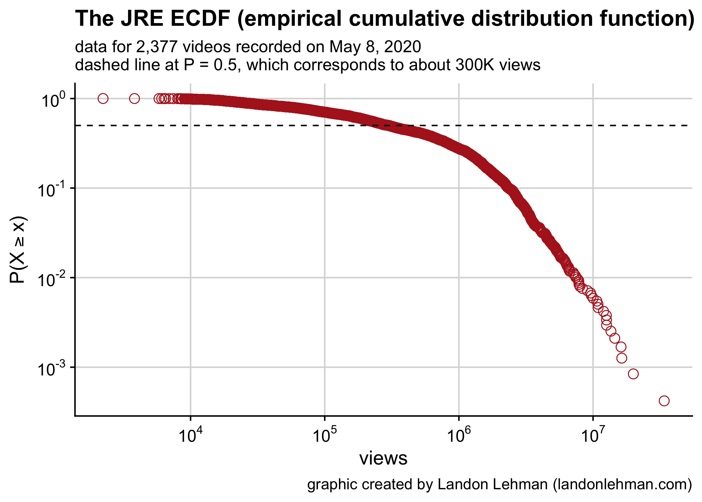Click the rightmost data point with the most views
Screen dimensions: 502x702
pyautogui.click(x=664, y=401)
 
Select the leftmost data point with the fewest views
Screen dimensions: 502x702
pyautogui.click(x=103, y=98)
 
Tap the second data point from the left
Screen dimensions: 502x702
pyautogui.click(x=134, y=98)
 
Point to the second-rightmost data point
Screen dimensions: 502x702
pyautogui.click(x=633, y=374)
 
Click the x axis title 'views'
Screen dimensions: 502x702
pyautogui.click(x=383, y=458)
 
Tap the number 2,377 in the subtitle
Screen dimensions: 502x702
pyautogui.click(x=156, y=47)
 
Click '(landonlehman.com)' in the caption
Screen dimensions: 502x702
pyautogui.click(x=622, y=484)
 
